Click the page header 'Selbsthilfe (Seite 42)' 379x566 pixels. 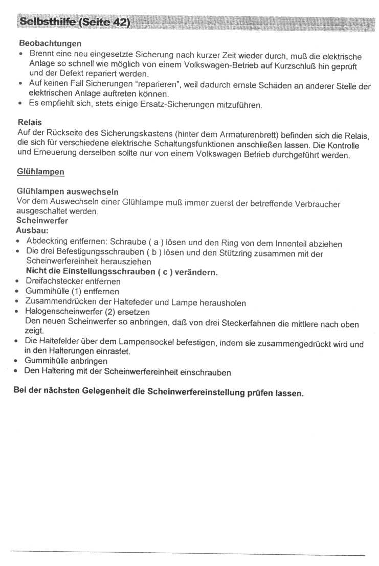(x=74, y=22)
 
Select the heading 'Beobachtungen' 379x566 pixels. (x=50, y=43)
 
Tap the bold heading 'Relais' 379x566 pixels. (x=30, y=123)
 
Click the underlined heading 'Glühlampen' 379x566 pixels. (x=40, y=172)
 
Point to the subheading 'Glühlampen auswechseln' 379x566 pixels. (x=68, y=192)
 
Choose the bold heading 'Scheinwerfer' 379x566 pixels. (x=42, y=221)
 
